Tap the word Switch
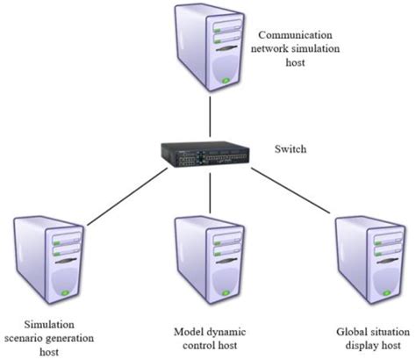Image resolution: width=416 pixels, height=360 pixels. [289, 149]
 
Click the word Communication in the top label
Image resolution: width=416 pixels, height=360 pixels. [293, 35]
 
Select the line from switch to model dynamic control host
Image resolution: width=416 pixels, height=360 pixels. [208, 192]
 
